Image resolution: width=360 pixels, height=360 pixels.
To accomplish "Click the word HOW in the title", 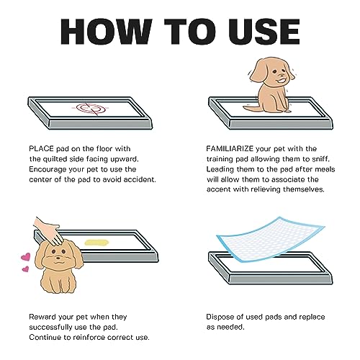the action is (x=107, y=32).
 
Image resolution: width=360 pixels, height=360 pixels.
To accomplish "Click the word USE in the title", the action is (x=264, y=32).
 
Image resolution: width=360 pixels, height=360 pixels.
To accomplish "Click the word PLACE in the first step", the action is (x=41, y=149).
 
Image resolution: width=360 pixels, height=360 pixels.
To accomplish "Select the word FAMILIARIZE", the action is (x=230, y=149).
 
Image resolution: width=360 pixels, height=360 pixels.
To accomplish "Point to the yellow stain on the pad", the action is (x=96, y=243).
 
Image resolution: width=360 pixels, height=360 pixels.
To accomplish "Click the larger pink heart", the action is (x=26, y=257).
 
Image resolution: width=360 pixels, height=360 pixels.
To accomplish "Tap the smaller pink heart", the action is (x=26, y=269).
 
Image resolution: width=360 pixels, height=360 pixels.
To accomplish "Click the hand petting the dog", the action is (x=48, y=231).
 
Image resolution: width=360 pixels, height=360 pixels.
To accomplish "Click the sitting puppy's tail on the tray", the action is (x=251, y=108).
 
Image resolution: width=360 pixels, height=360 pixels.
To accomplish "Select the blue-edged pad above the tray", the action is (x=271, y=240).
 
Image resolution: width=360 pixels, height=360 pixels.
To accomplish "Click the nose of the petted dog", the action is (x=58, y=258).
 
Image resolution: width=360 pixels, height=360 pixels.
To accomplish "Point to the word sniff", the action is (x=320, y=159).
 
